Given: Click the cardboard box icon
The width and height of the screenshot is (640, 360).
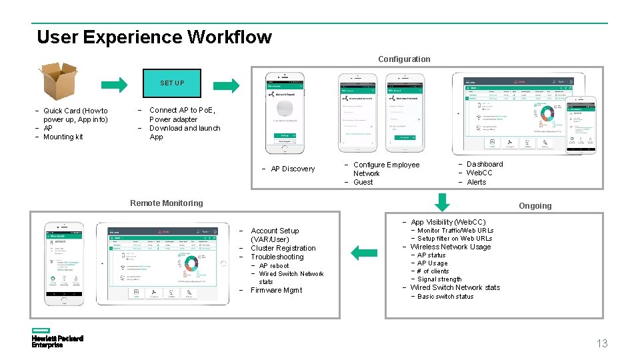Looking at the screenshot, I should [59, 81].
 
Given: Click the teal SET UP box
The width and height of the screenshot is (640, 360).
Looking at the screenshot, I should [172, 83].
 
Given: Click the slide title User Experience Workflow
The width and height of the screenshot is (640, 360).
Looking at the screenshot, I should [154, 37].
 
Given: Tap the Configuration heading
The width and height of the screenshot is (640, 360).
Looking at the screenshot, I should [404, 59].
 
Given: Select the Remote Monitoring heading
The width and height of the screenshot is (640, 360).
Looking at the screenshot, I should [166, 203].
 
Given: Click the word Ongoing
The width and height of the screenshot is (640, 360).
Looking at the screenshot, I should [535, 206].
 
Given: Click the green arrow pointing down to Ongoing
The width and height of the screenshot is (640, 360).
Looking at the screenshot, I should [442, 201].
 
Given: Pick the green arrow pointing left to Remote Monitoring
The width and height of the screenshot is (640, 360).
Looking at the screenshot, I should [363, 253].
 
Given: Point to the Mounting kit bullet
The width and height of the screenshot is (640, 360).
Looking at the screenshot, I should [63, 137].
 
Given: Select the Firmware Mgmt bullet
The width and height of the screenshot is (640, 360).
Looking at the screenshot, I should [276, 291].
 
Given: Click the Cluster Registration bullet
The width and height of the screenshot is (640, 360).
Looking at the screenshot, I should [283, 249].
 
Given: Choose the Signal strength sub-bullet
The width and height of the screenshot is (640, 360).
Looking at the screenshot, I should [439, 279].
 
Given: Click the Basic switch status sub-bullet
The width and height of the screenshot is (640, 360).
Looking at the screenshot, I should [445, 297].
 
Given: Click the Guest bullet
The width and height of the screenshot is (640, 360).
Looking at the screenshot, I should [363, 182].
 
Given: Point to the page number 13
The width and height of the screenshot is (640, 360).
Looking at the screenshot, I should [601, 343].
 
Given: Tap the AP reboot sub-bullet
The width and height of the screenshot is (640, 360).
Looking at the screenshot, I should [274, 266].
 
